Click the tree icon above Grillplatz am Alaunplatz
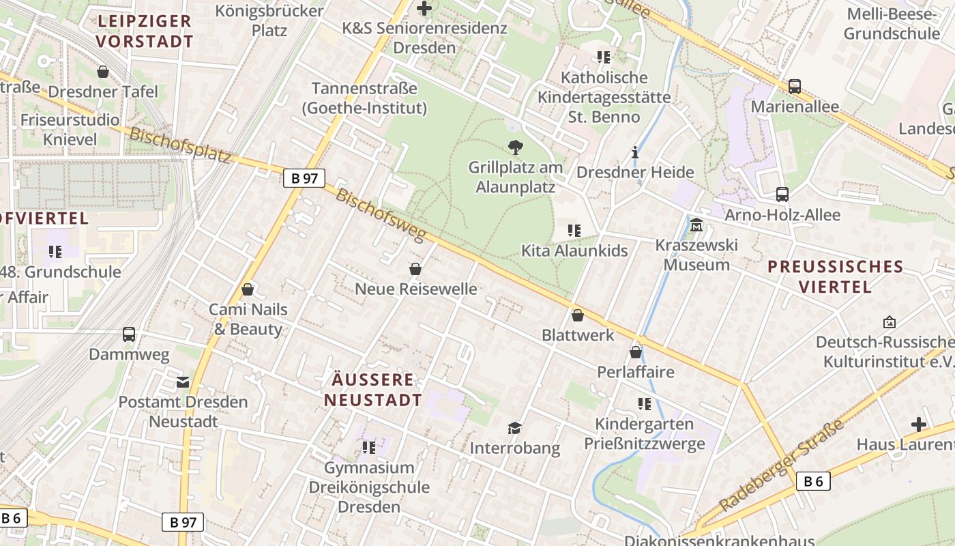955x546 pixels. tap(516, 147)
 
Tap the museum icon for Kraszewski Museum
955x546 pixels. tap(696, 225)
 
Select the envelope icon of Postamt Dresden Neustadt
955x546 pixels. tap(183, 382)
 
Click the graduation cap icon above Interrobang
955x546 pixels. tap(514, 428)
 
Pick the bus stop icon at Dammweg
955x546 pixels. tap(129, 334)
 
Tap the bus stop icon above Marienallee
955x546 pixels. tap(795, 87)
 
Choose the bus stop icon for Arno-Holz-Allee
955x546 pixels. tap(782, 195)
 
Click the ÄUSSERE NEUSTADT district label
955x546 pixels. tap(373, 390)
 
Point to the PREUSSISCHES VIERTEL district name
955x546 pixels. tap(835, 276)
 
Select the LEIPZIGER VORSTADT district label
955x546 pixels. tap(145, 31)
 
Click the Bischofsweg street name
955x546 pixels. tap(381, 214)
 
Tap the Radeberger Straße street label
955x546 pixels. tap(782, 466)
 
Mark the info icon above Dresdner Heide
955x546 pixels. tap(635, 152)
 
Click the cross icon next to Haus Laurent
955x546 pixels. tap(919, 425)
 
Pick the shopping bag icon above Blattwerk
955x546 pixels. tap(578, 315)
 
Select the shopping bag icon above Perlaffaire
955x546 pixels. tap(636, 352)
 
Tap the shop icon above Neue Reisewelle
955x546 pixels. tap(415, 270)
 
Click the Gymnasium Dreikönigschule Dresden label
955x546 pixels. tap(369, 487)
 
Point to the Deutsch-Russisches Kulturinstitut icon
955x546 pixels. tap(889, 321)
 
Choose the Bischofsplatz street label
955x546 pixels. tap(180, 145)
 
